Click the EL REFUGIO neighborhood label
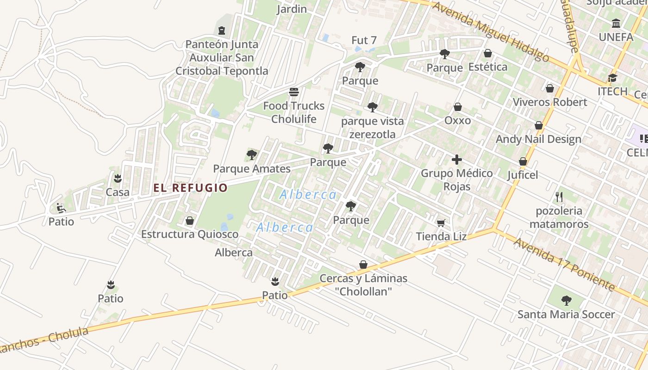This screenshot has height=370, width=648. tap(191, 188)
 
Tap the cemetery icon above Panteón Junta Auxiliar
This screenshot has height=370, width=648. tap(222, 31)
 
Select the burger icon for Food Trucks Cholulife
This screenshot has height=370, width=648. tap(293, 92)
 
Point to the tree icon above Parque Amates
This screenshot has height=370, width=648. tap(251, 154)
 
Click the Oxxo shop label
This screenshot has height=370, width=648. tap(457, 121)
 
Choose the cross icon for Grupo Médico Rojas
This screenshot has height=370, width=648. tap(457, 160)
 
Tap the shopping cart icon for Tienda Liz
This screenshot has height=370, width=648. tap(441, 223)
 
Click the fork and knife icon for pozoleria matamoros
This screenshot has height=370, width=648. tap(559, 197)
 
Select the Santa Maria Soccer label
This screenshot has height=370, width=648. tap(566, 314)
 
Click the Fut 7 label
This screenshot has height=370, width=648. tap(364, 40)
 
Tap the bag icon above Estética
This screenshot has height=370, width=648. tap(487, 53)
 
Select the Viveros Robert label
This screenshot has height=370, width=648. tap(549, 102)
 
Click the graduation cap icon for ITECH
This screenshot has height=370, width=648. tap(612, 78)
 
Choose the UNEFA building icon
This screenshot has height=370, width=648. tap(616, 23)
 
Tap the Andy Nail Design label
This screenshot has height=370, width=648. tap(538, 139)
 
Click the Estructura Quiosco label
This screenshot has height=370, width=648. tap(190, 234)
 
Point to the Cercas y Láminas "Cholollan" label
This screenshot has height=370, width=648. tap(363, 285)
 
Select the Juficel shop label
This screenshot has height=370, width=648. tap(523, 175)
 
